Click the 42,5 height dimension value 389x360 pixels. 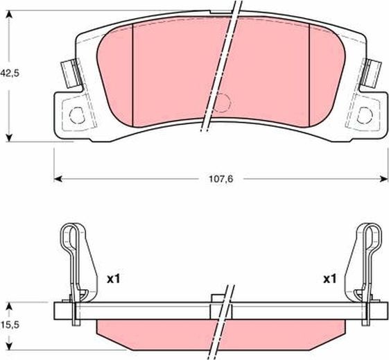[9, 72]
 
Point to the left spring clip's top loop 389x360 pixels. [68, 236]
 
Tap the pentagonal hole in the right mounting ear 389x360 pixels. [364, 112]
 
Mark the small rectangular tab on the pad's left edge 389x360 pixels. [67, 71]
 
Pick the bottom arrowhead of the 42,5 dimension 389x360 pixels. [9, 137]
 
